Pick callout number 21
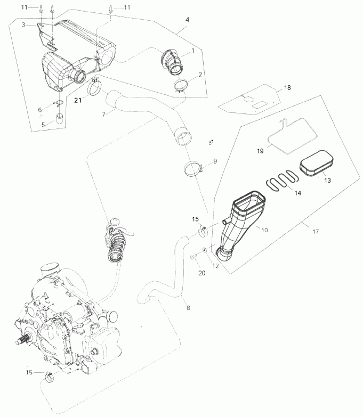pyautogui.click(x=78, y=100)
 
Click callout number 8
pyautogui.click(x=187, y=307)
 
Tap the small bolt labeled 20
pyautogui.click(x=191, y=258)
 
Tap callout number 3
pyautogui.click(x=23, y=24)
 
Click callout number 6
pyautogui.click(x=39, y=110)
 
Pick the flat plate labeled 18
pyautogui.click(x=251, y=99)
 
